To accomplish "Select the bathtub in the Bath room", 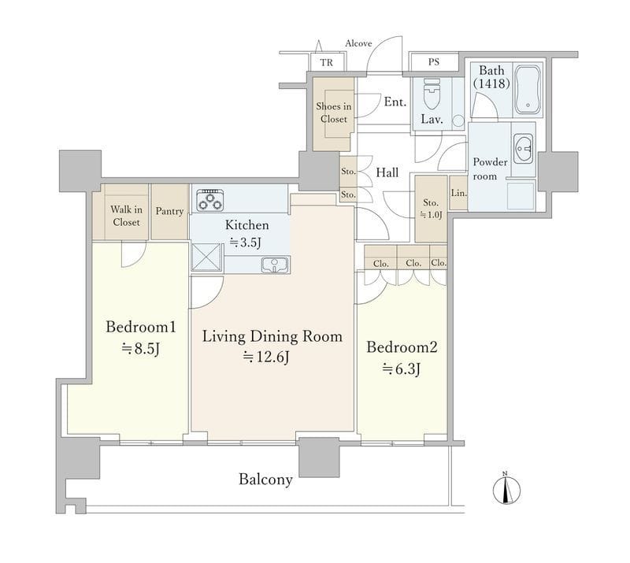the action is [x=528, y=90].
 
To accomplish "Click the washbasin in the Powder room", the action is [x=523, y=149].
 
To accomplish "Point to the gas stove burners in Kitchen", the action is [x=209, y=200].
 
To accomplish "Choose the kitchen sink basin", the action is [x=274, y=265].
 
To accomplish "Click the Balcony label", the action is [x=265, y=479].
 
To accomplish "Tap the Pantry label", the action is [x=169, y=211].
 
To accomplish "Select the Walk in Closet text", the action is [x=126, y=216].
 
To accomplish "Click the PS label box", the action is [x=434, y=62].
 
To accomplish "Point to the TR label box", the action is [x=327, y=62].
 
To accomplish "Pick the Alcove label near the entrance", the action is [x=358, y=43].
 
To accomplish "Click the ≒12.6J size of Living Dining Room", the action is [x=266, y=357].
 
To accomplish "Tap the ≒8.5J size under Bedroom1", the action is [x=141, y=348].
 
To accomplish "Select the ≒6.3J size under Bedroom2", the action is [x=401, y=369].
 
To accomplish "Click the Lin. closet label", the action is [x=459, y=193].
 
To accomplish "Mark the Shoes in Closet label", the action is [x=333, y=113].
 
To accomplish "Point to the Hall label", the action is [x=387, y=172].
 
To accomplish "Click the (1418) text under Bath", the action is [x=491, y=83].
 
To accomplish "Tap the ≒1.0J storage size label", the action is [x=431, y=215].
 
